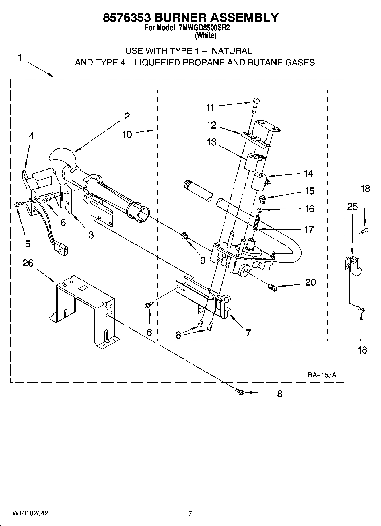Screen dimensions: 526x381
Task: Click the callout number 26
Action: [x=28, y=263]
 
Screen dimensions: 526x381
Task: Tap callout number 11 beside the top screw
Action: [x=210, y=107]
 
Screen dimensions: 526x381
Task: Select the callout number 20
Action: [x=310, y=282]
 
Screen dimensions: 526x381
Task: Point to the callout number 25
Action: [x=352, y=207]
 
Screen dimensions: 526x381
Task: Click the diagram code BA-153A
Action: [x=322, y=375]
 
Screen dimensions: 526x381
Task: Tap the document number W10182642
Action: [x=30, y=513]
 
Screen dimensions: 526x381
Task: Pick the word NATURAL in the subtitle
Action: [x=232, y=51]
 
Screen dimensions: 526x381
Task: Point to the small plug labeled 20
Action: [x=272, y=288]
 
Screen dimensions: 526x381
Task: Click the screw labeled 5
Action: [x=17, y=204]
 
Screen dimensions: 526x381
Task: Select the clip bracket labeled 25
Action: [x=353, y=265]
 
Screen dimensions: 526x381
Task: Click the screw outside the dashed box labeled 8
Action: [x=240, y=392]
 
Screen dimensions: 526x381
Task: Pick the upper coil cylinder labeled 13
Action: [x=252, y=162]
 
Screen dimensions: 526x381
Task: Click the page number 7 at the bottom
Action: [x=190, y=513]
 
